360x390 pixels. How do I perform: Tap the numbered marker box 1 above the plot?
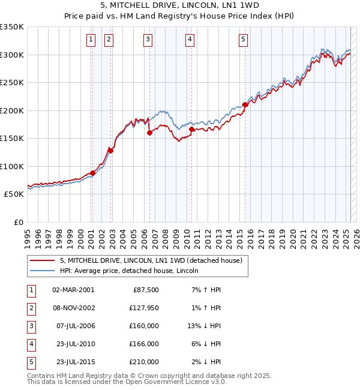(91, 40)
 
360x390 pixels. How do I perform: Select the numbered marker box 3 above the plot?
(148, 40)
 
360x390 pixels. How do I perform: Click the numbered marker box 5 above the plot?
(243, 40)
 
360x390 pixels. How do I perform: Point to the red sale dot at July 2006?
(149, 133)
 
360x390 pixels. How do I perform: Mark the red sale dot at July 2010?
(191, 129)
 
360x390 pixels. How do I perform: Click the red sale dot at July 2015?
(245, 104)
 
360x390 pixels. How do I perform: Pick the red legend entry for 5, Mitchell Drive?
(150, 260)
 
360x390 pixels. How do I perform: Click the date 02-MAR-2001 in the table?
(73, 290)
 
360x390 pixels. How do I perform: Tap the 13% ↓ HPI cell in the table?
(203, 326)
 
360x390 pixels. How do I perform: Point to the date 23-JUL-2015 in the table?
(74, 362)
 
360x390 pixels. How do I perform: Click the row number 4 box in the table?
(31, 344)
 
